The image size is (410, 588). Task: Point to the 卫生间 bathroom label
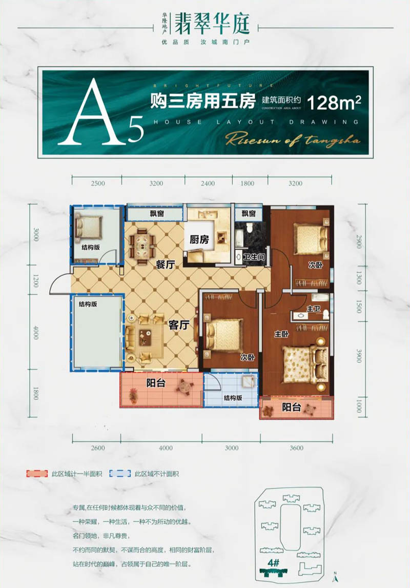254,256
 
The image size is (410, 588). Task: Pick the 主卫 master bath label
313,310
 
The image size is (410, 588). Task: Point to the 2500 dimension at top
97,183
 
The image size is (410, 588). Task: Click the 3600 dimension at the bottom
296,448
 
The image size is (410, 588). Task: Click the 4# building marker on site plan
273,562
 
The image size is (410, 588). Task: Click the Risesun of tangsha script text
293,139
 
